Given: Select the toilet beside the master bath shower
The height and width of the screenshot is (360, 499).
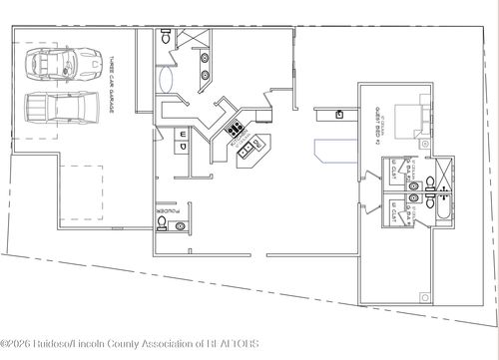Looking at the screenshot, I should pyautogui.click(x=165, y=40).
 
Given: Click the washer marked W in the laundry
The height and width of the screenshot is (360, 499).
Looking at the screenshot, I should pyautogui.click(x=184, y=133).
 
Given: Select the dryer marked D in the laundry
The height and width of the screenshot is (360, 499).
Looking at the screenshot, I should pyautogui.click(x=184, y=146).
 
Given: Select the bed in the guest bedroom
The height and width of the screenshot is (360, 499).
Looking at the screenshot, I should pyautogui.click(x=412, y=121).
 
